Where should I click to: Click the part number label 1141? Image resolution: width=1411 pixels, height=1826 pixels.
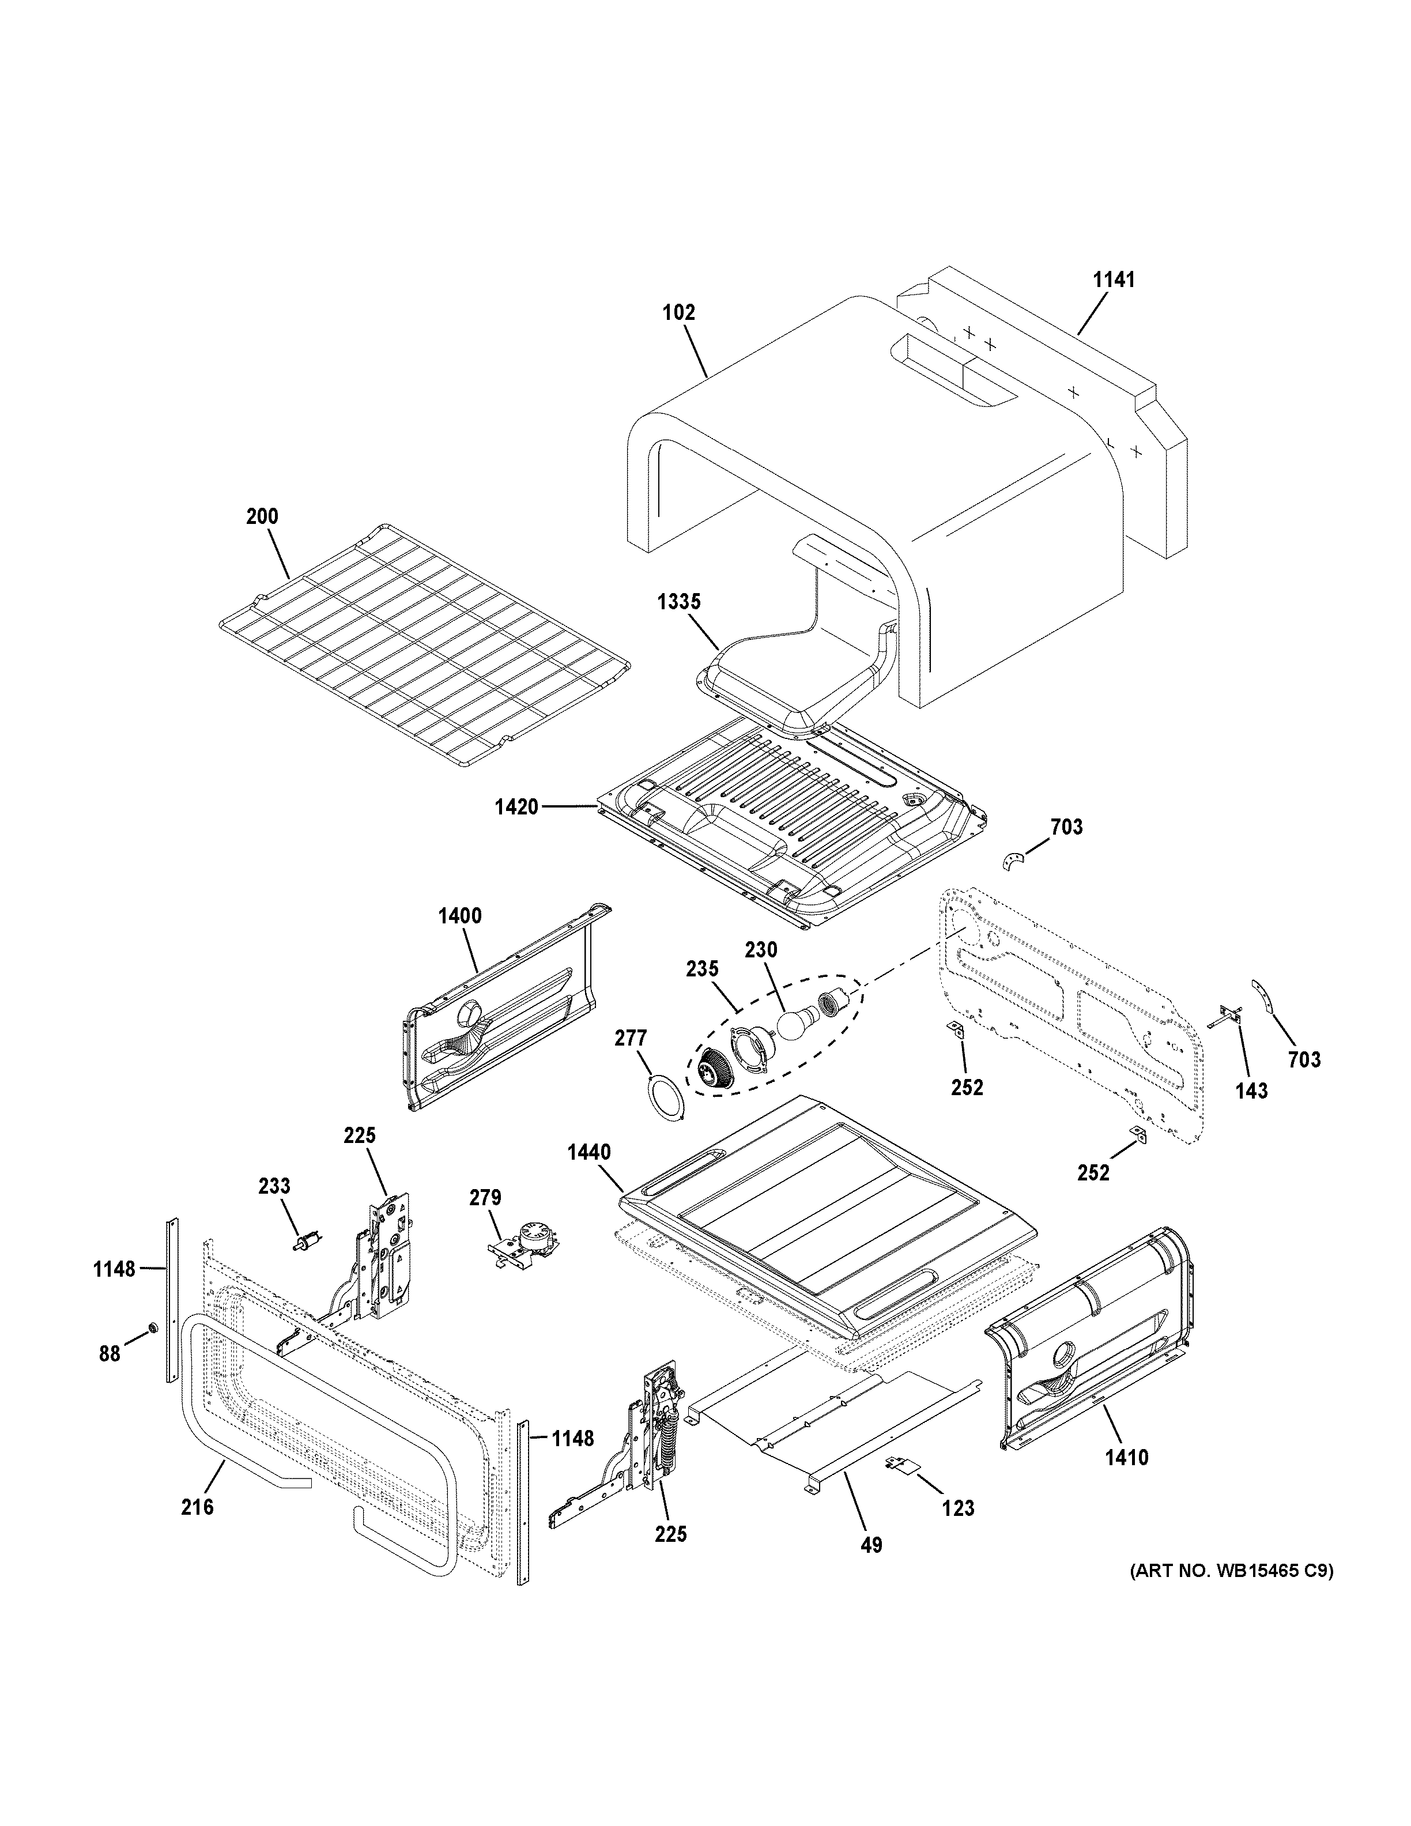[1114, 280]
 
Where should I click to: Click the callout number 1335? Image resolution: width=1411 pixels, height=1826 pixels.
[679, 602]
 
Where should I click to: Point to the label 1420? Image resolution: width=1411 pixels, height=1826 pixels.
[516, 808]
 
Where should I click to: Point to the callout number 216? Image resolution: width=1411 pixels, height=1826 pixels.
[197, 1507]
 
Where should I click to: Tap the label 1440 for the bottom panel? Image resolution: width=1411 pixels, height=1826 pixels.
[588, 1153]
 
